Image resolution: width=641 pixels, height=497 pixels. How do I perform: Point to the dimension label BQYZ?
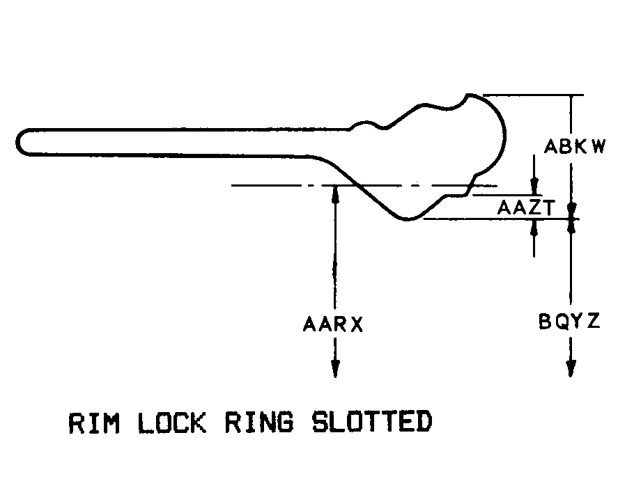pos(569,323)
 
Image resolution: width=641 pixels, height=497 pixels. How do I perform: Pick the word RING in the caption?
pos(259,423)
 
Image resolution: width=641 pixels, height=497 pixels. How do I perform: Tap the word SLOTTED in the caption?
pos(371,423)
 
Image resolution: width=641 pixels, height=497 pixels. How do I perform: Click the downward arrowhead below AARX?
pos(335,369)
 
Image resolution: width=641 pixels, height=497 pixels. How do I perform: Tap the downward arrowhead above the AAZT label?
pos(534,187)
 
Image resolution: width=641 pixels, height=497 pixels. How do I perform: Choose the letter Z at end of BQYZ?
pos(594,323)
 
